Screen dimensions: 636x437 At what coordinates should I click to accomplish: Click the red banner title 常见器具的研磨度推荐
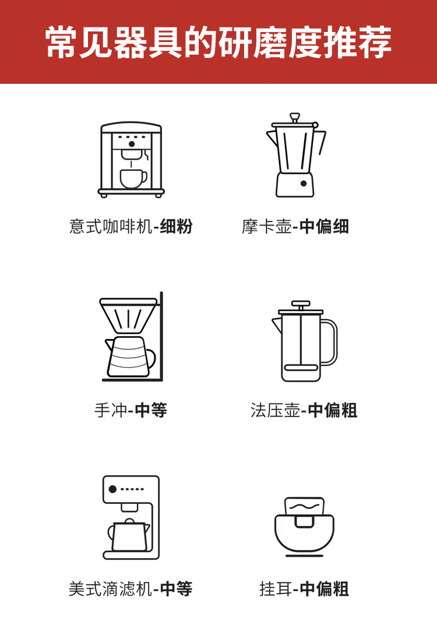[x=218, y=42]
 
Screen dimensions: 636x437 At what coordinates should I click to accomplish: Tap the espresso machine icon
[x=131, y=158]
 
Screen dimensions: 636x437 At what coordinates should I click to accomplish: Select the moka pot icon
[x=295, y=156]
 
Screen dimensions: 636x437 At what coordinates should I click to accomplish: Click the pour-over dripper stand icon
[x=131, y=338]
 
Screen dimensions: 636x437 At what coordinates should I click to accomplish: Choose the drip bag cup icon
[x=304, y=525]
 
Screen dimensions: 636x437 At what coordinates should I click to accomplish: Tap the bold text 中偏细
[x=324, y=226]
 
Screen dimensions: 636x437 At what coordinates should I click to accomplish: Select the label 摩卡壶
[x=267, y=226]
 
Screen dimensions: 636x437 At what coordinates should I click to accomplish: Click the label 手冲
[x=110, y=410]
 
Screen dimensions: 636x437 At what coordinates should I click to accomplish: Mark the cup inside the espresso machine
[x=133, y=178]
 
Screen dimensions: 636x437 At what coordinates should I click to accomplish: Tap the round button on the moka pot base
[x=304, y=183]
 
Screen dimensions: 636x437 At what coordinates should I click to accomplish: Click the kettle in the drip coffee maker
[x=128, y=535]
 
